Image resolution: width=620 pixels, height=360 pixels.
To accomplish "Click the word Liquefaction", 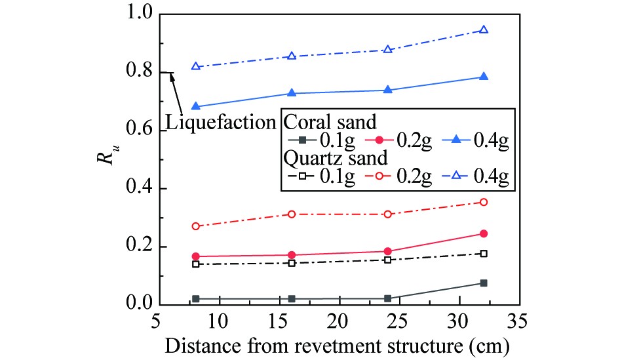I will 220,123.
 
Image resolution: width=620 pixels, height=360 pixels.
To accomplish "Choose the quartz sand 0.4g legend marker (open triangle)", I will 461,177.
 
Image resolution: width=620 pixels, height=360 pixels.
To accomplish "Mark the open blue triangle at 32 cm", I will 484,30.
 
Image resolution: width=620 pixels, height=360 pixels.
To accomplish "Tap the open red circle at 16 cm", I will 292,214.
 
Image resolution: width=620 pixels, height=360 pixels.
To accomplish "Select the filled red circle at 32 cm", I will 484,233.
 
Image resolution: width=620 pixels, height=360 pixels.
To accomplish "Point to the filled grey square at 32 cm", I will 484,283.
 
